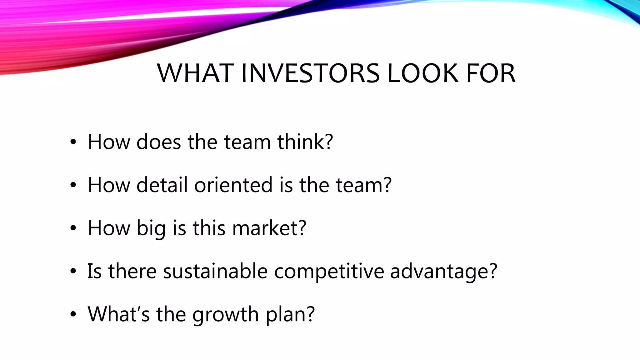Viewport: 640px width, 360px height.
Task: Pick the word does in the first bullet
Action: pyautogui.click(x=159, y=142)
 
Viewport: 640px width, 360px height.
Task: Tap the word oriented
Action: pyautogui.click(x=233, y=185)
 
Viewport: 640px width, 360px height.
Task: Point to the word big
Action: pyautogui.click(x=151, y=228)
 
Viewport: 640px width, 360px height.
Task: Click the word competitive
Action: pyautogui.click(x=329, y=271)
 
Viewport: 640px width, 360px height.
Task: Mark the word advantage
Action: pyautogui.click(x=439, y=271)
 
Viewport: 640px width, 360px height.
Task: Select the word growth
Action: pyautogui.click(x=225, y=314)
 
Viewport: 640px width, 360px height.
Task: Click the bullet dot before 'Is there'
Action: pyautogui.click(x=73, y=272)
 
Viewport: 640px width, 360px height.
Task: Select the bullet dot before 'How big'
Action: pyautogui.click(x=73, y=228)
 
